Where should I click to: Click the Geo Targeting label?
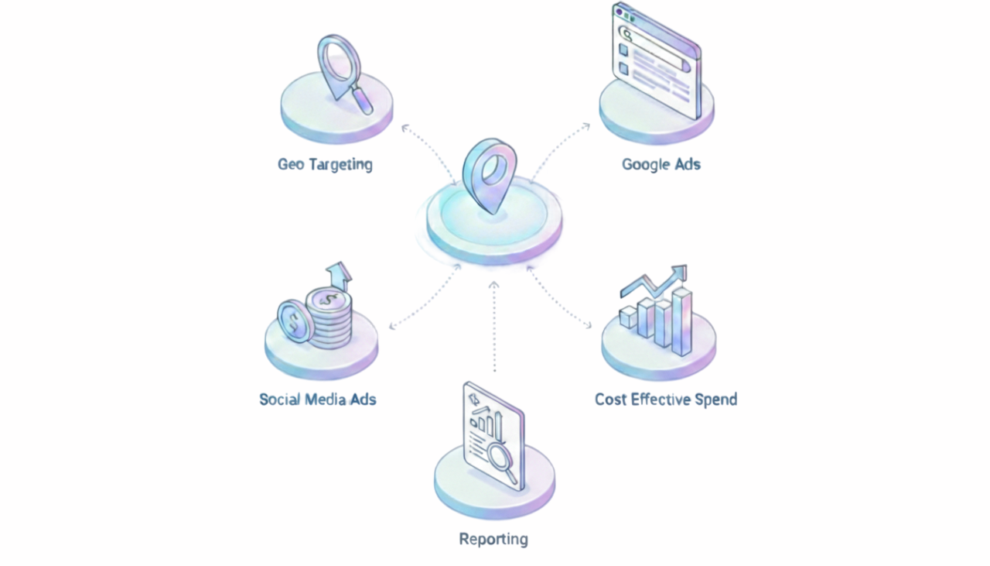[x=325, y=164]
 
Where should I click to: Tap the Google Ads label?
[x=661, y=164]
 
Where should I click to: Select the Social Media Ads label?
[x=317, y=400]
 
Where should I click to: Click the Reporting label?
[x=493, y=539]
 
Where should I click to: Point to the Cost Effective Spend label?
[x=665, y=400]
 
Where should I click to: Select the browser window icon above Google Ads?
[x=656, y=60]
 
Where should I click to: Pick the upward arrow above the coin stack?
[x=339, y=275]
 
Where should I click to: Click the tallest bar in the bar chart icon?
[x=682, y=321]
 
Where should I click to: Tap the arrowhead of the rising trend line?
[x=679, y=272]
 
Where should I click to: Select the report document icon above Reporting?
[x=492, y=434]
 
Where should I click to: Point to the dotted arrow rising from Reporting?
[x=494, y=325]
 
